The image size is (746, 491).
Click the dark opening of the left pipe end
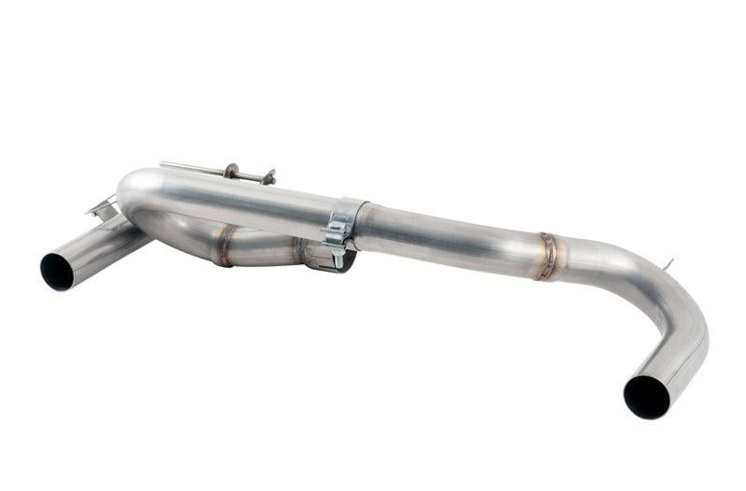[57, 270]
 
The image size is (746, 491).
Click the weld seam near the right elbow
[546, 255]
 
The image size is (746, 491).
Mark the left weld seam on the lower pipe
[225, 245]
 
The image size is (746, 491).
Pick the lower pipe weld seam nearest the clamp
[300, 250]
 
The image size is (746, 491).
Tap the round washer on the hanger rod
[230, 171]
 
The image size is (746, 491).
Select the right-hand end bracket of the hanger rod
[269, 175]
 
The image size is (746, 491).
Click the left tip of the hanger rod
[162, 164]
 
